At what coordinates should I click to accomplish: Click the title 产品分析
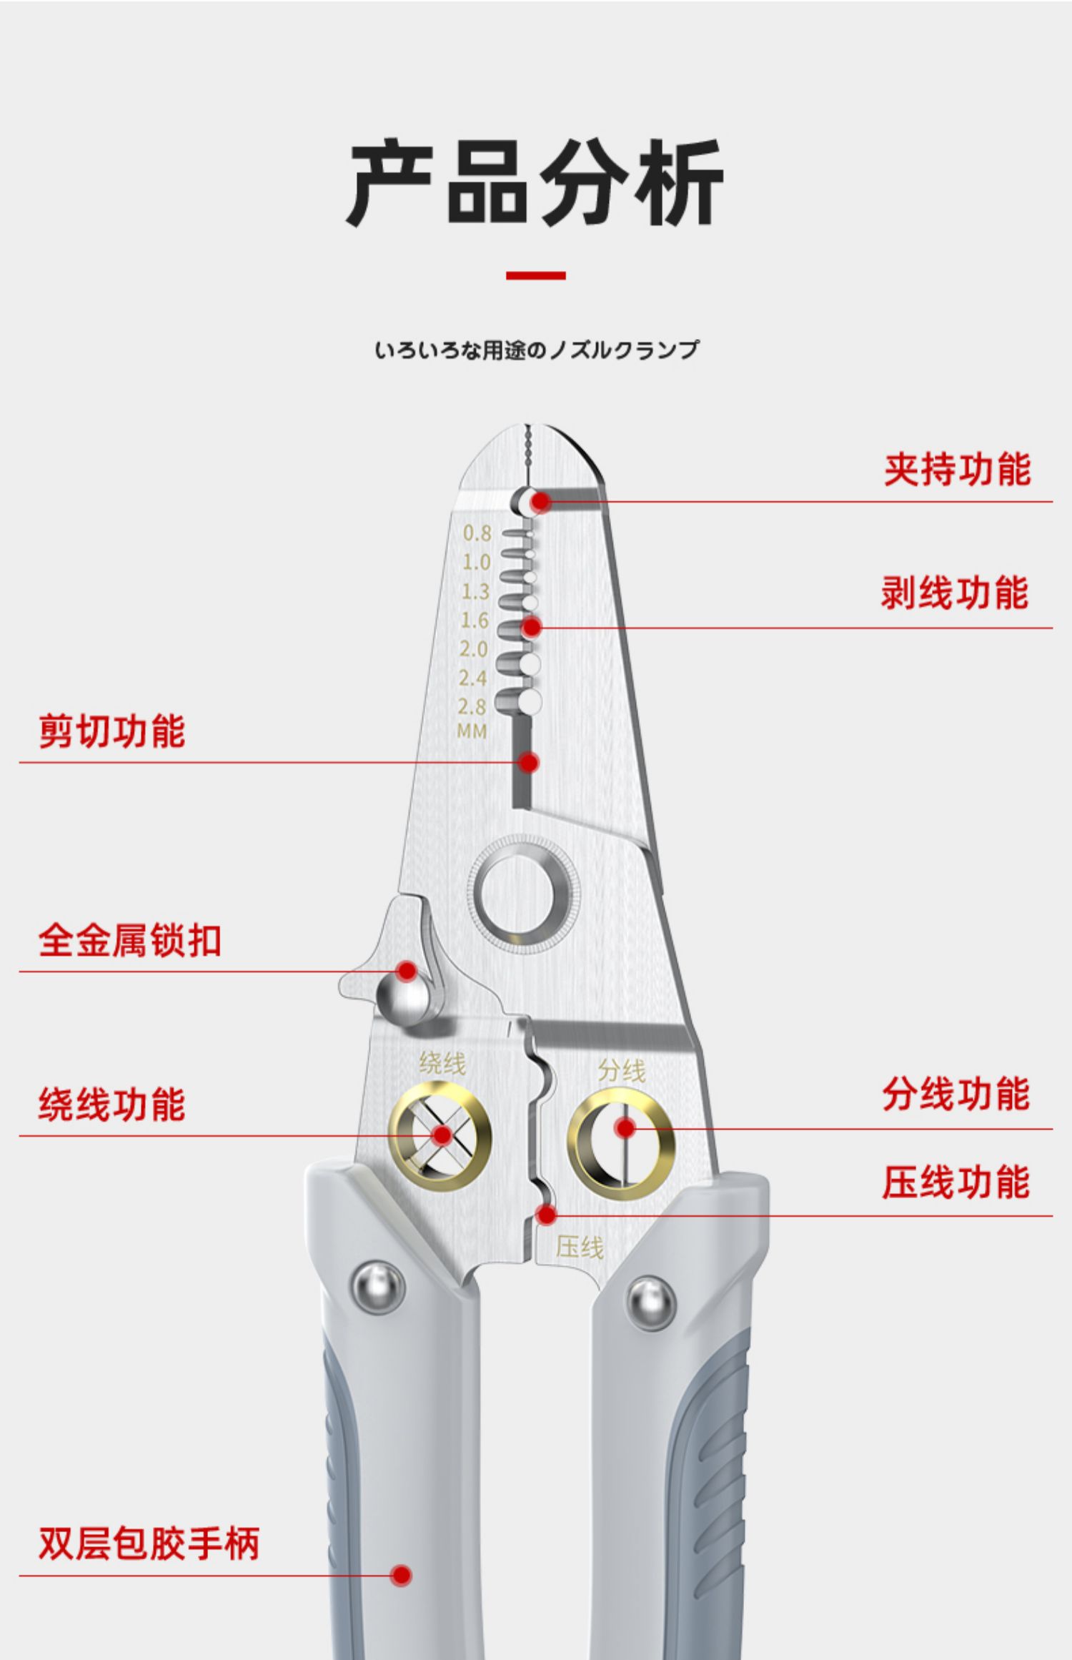pos(535,182)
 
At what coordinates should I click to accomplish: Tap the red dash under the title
pos(535,275)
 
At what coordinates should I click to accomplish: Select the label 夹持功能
pos(957,470)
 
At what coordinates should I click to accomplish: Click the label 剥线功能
pos(955,593)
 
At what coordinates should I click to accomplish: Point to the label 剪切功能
pos(112,731)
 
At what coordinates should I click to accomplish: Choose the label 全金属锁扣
pos(129,940)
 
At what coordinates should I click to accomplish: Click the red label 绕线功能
pos(112,1105)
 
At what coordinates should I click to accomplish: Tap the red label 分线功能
pos(956,1095)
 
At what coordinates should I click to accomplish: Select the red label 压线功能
pos(956,1182)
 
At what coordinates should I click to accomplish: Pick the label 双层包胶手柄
pos(149,1543)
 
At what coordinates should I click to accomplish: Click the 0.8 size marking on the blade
pos(477,533)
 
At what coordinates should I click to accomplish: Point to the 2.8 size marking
pos(472,707)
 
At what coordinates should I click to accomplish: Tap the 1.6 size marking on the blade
pos(475,621)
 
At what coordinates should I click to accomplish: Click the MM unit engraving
pos(472,731)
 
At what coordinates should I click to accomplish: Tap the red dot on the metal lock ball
pos(407,971)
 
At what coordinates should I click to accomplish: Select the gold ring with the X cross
pos(440,1135)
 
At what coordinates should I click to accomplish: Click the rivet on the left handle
pos(378,1287)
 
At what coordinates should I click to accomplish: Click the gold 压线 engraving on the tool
pos(580,1248)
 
